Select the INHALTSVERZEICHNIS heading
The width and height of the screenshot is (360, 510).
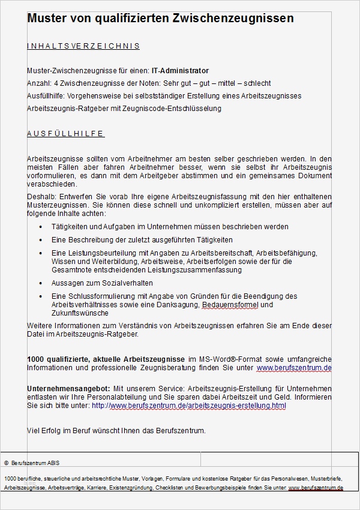tap(83, 46)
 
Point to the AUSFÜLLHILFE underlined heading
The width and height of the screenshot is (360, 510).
tap(65, 133)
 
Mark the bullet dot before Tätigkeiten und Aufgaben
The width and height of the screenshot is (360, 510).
tap(40, 227)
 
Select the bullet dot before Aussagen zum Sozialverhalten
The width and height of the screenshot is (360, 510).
tap(40, 283)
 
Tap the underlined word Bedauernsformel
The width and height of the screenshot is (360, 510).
tap(229, 305)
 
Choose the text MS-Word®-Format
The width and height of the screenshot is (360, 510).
tap(230, 359)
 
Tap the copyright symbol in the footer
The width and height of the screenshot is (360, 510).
tap(6, 463)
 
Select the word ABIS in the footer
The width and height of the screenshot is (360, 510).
tap(53, 463)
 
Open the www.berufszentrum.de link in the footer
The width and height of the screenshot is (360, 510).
tap(316, 488)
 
